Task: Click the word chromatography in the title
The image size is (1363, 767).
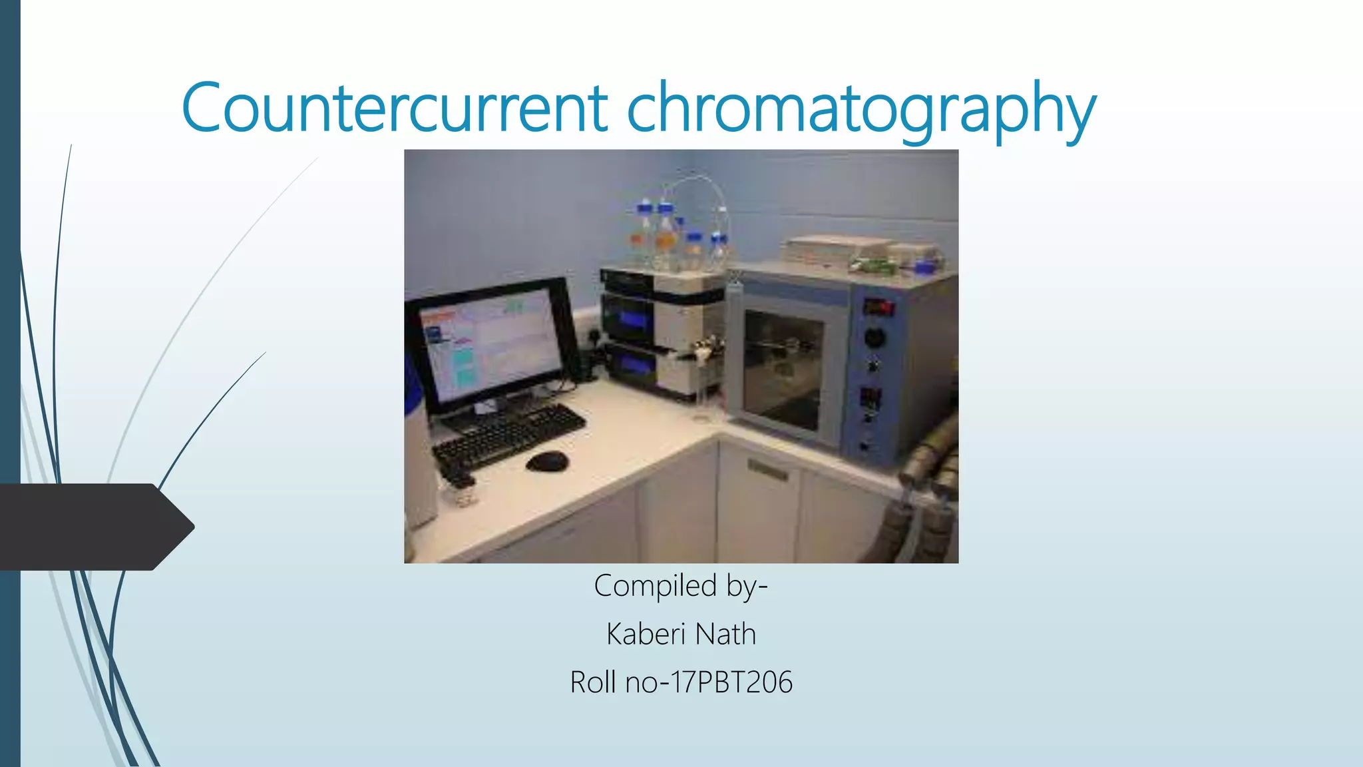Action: (861, 110)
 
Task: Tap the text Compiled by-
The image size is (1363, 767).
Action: (681, 587)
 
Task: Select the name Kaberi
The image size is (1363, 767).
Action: (646, 634)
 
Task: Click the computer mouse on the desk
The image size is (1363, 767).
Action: (547, 461)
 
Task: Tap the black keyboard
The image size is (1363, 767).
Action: (509, 436)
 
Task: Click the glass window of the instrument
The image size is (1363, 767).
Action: (783, 370)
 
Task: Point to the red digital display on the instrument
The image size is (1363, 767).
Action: (878, 308)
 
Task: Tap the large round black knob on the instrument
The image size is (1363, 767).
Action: (875, 338)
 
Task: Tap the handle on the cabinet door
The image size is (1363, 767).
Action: (767, 470)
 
